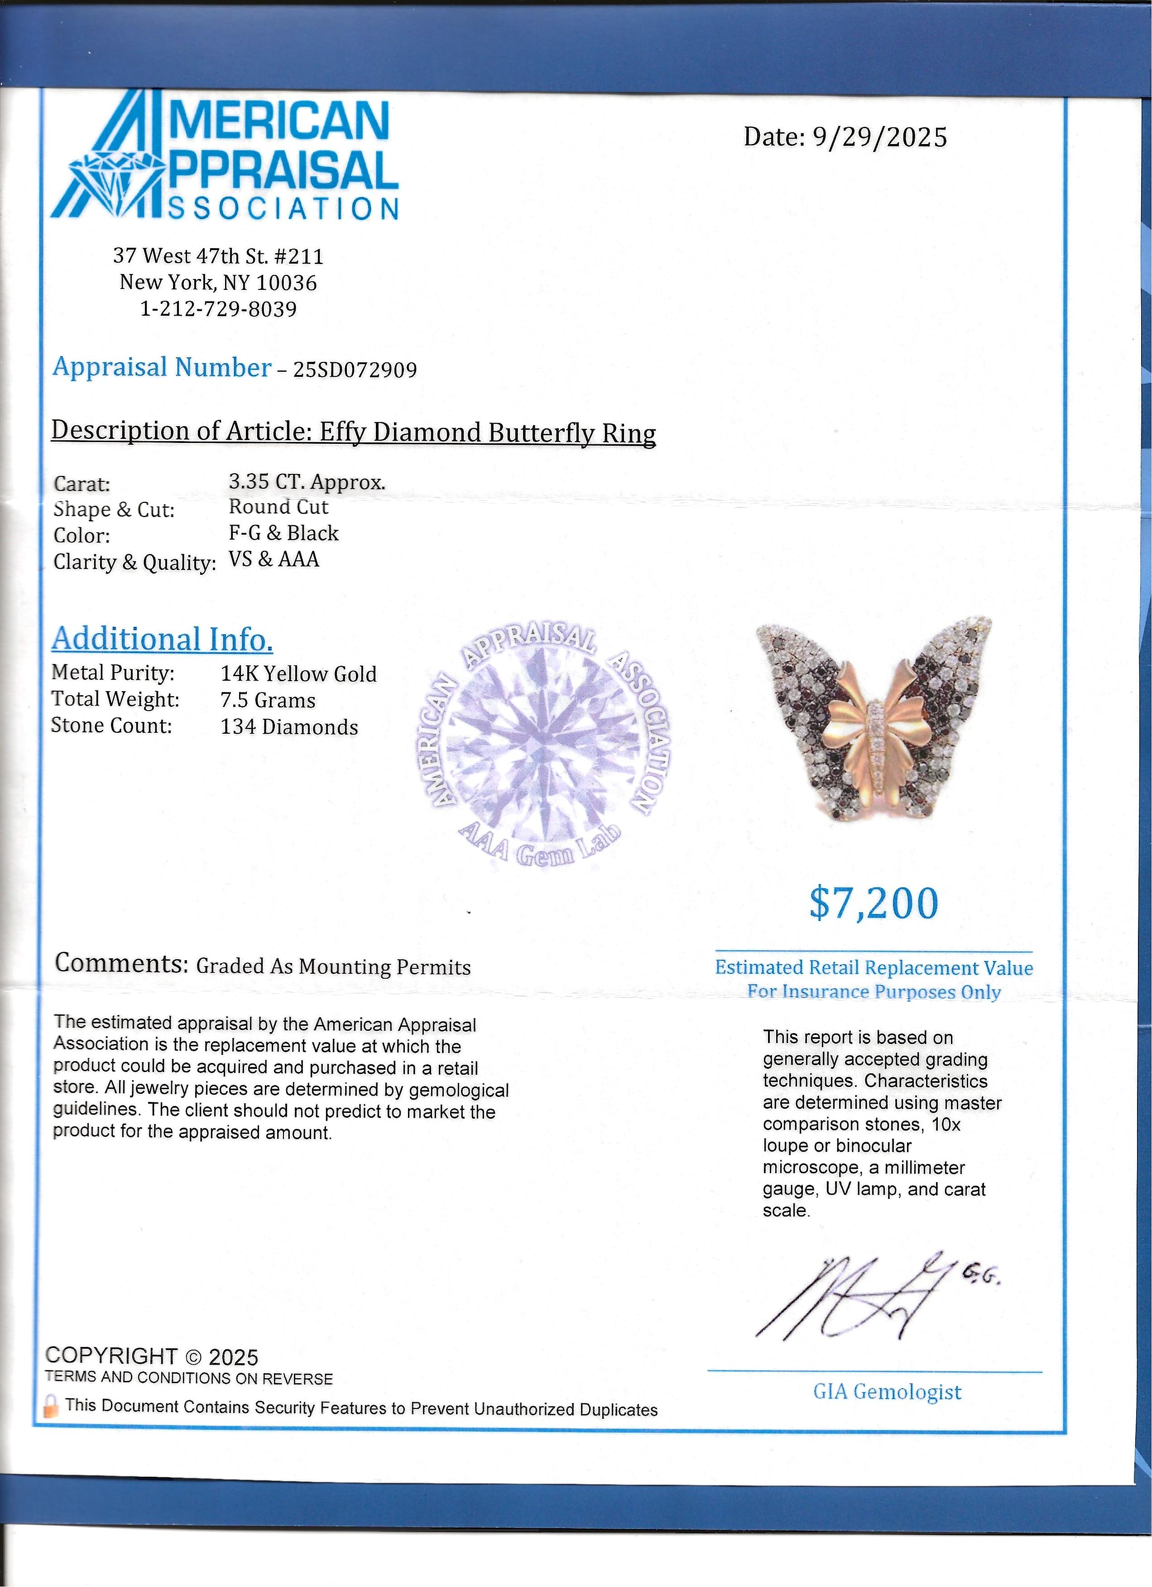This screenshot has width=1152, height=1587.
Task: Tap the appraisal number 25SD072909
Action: [355, 370]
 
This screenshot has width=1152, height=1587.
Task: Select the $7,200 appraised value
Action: [874, 904]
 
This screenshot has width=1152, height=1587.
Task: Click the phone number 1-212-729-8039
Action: [219, 308]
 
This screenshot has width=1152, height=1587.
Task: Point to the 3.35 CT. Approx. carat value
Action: [307, 481]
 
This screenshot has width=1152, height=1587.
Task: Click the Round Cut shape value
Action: [278, 507]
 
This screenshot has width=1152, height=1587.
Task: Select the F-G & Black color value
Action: [283, 533]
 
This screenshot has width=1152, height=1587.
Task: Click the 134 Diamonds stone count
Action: [289, 727]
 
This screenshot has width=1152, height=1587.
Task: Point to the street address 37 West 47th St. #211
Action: [218, 256]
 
